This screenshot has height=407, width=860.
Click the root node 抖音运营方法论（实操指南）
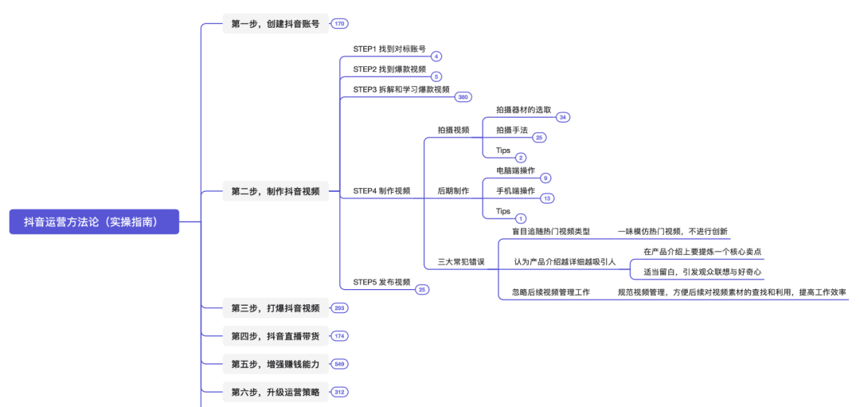point(94,222)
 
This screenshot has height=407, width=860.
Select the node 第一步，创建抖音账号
point(275,24)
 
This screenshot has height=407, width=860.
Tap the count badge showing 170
point(339,24)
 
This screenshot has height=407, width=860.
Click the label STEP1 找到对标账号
point(389,49)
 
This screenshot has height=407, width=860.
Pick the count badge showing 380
point(463,97)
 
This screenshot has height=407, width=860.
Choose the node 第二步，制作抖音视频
point(275,191)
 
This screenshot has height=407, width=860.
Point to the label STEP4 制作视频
point(381,191)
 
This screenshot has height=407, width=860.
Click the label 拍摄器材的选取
point(523,110)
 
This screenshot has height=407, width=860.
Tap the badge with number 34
point(563,117)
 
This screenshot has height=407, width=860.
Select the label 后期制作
point(453,191)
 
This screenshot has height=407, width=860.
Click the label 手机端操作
point(515,191)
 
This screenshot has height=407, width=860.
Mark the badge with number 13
point(546,198)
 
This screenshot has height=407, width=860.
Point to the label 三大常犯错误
point(461,261)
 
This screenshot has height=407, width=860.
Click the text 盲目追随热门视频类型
point(551,232)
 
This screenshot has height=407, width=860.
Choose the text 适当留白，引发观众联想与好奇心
point(702,272)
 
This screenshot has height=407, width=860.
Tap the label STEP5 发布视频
point(381,282)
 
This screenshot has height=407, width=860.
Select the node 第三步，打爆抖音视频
point(275,308)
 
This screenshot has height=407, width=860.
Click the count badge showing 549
point(339,364)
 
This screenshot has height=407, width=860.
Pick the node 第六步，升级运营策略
point(275,392)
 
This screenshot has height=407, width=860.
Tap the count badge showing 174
point(339,336)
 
